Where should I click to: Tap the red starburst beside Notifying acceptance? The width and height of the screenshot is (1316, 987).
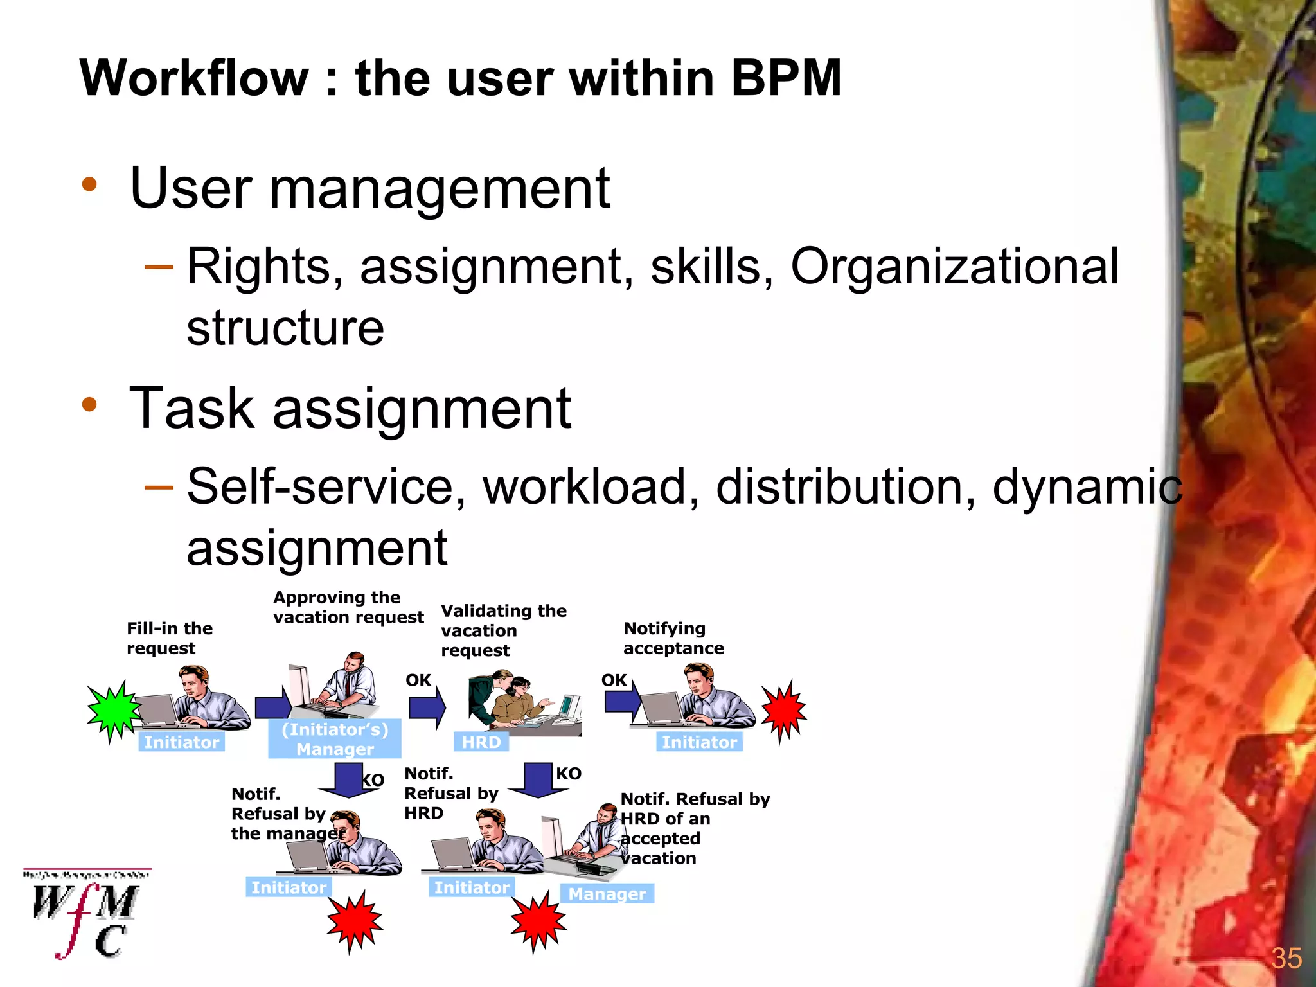pos(783,710)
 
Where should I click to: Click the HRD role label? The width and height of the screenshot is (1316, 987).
pos(481,742)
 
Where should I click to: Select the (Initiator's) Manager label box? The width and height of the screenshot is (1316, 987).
pos(335,739)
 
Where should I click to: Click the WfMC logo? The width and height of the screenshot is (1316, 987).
pos(87,914)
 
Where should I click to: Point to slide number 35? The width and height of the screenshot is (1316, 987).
pos(1286,958)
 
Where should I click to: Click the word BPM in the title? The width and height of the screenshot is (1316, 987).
pos(785,78)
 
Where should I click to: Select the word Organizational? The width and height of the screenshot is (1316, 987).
pos(954,267)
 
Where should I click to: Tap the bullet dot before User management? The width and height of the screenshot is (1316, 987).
pos(89,185)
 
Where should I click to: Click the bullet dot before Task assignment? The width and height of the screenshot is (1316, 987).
pos(89,405)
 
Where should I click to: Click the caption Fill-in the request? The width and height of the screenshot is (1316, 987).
pos(169,638)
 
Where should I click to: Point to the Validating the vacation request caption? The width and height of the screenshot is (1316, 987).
pos(503,630)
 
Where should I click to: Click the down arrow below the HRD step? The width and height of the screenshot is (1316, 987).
pos(537,779)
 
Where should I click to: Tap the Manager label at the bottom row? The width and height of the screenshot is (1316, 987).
pos(607,894)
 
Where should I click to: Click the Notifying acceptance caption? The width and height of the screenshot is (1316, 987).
pos(673,638)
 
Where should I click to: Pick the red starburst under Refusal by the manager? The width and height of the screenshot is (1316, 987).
pos(354,921)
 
